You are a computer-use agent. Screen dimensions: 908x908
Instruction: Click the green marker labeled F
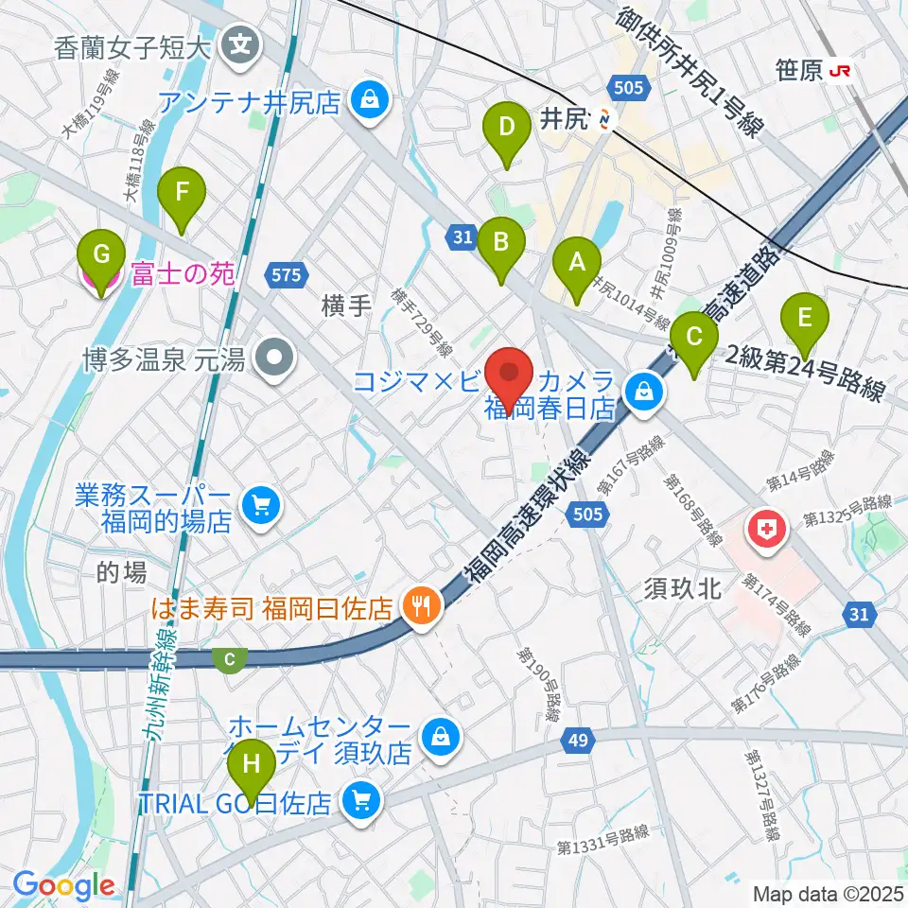183,198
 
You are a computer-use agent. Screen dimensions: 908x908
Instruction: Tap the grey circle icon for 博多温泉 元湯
276,358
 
